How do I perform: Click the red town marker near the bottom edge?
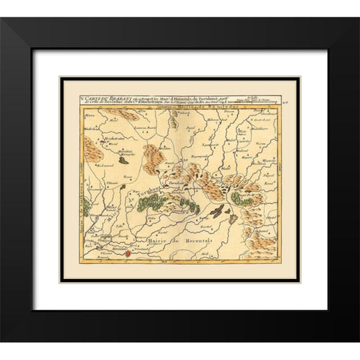pos(127,254)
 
